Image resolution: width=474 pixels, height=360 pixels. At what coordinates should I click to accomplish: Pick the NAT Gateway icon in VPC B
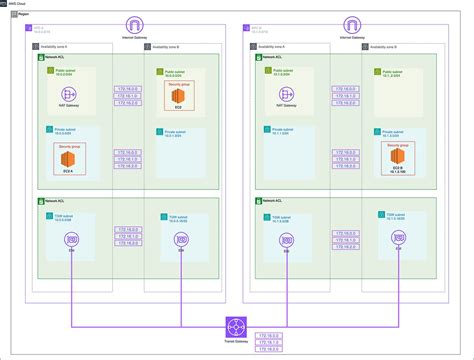point(289,94)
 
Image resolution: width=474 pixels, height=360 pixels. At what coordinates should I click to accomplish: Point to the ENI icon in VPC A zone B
point(181,240)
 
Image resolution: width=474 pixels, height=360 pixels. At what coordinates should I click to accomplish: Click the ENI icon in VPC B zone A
point(289,240)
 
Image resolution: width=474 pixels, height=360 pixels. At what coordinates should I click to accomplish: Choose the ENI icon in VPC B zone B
point(398,240)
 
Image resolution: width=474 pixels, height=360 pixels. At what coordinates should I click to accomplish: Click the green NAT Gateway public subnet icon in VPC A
point(49,70)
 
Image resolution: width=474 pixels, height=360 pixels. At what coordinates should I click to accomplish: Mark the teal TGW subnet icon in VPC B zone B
point(381,213)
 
